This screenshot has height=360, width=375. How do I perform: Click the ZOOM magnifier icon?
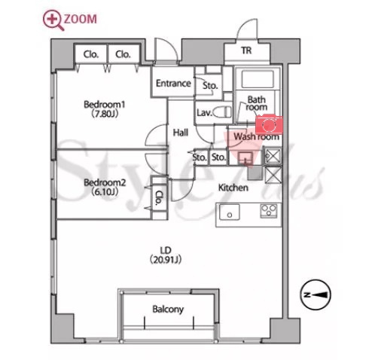pyautogui.click(x=53, y=20)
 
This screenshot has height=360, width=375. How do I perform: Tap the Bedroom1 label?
pyautogui.click(x=105, y=105)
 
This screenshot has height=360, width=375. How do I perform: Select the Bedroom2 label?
pyautogui.click(x=105, y=182)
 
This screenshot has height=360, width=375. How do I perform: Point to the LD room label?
pyautogui.click(x=166, y=250)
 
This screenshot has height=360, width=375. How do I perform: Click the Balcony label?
pyautogui.click(x=168, y=309)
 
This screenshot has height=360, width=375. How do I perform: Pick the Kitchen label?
pyautogui.click(x=233, y=188)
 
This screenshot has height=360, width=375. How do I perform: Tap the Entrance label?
pyautogui.click(x=173, y=84)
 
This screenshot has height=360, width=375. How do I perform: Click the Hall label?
pyautogui.click(x=181, y=133)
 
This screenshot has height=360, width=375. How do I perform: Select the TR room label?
pyautogui.click(x=246, y=50)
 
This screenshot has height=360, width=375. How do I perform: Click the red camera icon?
pyautogui.click(x=269, y=124)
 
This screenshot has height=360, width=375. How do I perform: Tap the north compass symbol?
pyautogui.click(x=316, y=294)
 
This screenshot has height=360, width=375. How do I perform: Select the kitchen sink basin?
pyautogui.click(x=230, y=212)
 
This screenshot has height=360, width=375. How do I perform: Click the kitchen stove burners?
pyautogui.click(x=269, y=211)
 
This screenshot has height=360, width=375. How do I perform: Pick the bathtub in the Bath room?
pyautogui.click(x=258, y=79)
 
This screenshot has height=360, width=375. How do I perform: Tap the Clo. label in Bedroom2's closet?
pyautogui.click(x=159, y=197)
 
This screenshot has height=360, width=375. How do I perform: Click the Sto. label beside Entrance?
pyautogui.click(x=210, y=86)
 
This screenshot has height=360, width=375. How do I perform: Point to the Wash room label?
pyautogui.click(x=256, y=137)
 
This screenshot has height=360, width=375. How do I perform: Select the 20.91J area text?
pyautogui.click(x=166, y=260)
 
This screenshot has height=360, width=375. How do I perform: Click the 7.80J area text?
pyautogui.click(x=105, y=114)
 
